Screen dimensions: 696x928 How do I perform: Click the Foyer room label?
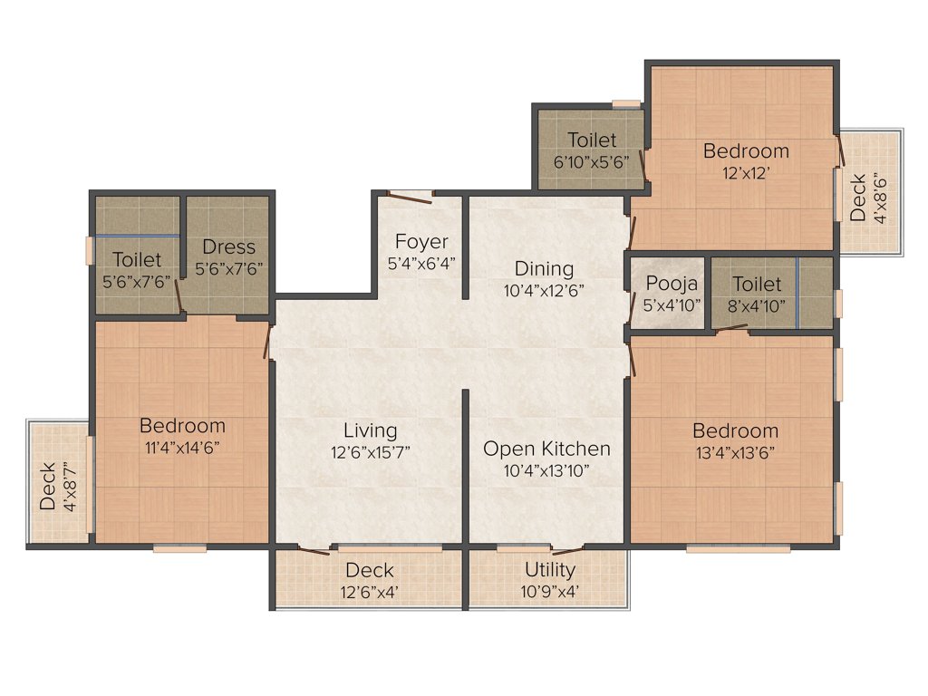coord(421,242)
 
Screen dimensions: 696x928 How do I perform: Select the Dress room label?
coord(228,246)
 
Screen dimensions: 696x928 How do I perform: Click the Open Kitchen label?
coord(546,449)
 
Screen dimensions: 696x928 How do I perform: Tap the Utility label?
coord(550,570)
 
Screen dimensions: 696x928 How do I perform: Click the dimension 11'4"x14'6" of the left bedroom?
coord(182,447)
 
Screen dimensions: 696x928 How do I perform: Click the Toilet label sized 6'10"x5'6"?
coord(592,140)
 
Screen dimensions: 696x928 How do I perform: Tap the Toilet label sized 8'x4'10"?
coord(757,284)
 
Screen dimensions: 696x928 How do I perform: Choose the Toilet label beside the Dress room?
coord(137,260)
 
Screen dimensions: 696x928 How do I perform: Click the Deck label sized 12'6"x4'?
coord(370,570)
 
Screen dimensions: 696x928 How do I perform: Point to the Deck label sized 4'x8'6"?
coord(857,197)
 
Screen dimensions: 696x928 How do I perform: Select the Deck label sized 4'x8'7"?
coord(48,487)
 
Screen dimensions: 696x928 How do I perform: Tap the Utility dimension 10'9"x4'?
coord(550,592)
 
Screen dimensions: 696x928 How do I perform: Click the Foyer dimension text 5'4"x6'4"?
coord(421,264)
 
